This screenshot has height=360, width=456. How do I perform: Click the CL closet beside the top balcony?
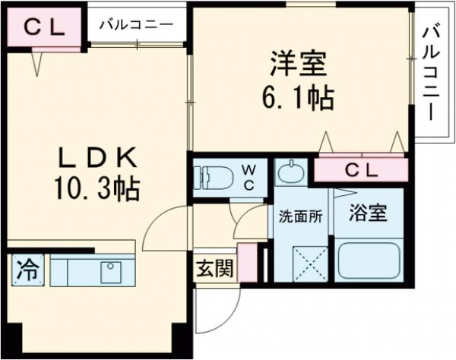[43, 27]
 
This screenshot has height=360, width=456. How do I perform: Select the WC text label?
[249, 177]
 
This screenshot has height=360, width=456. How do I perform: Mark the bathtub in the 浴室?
[369, 260]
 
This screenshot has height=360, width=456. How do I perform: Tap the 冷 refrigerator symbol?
[27, 269]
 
